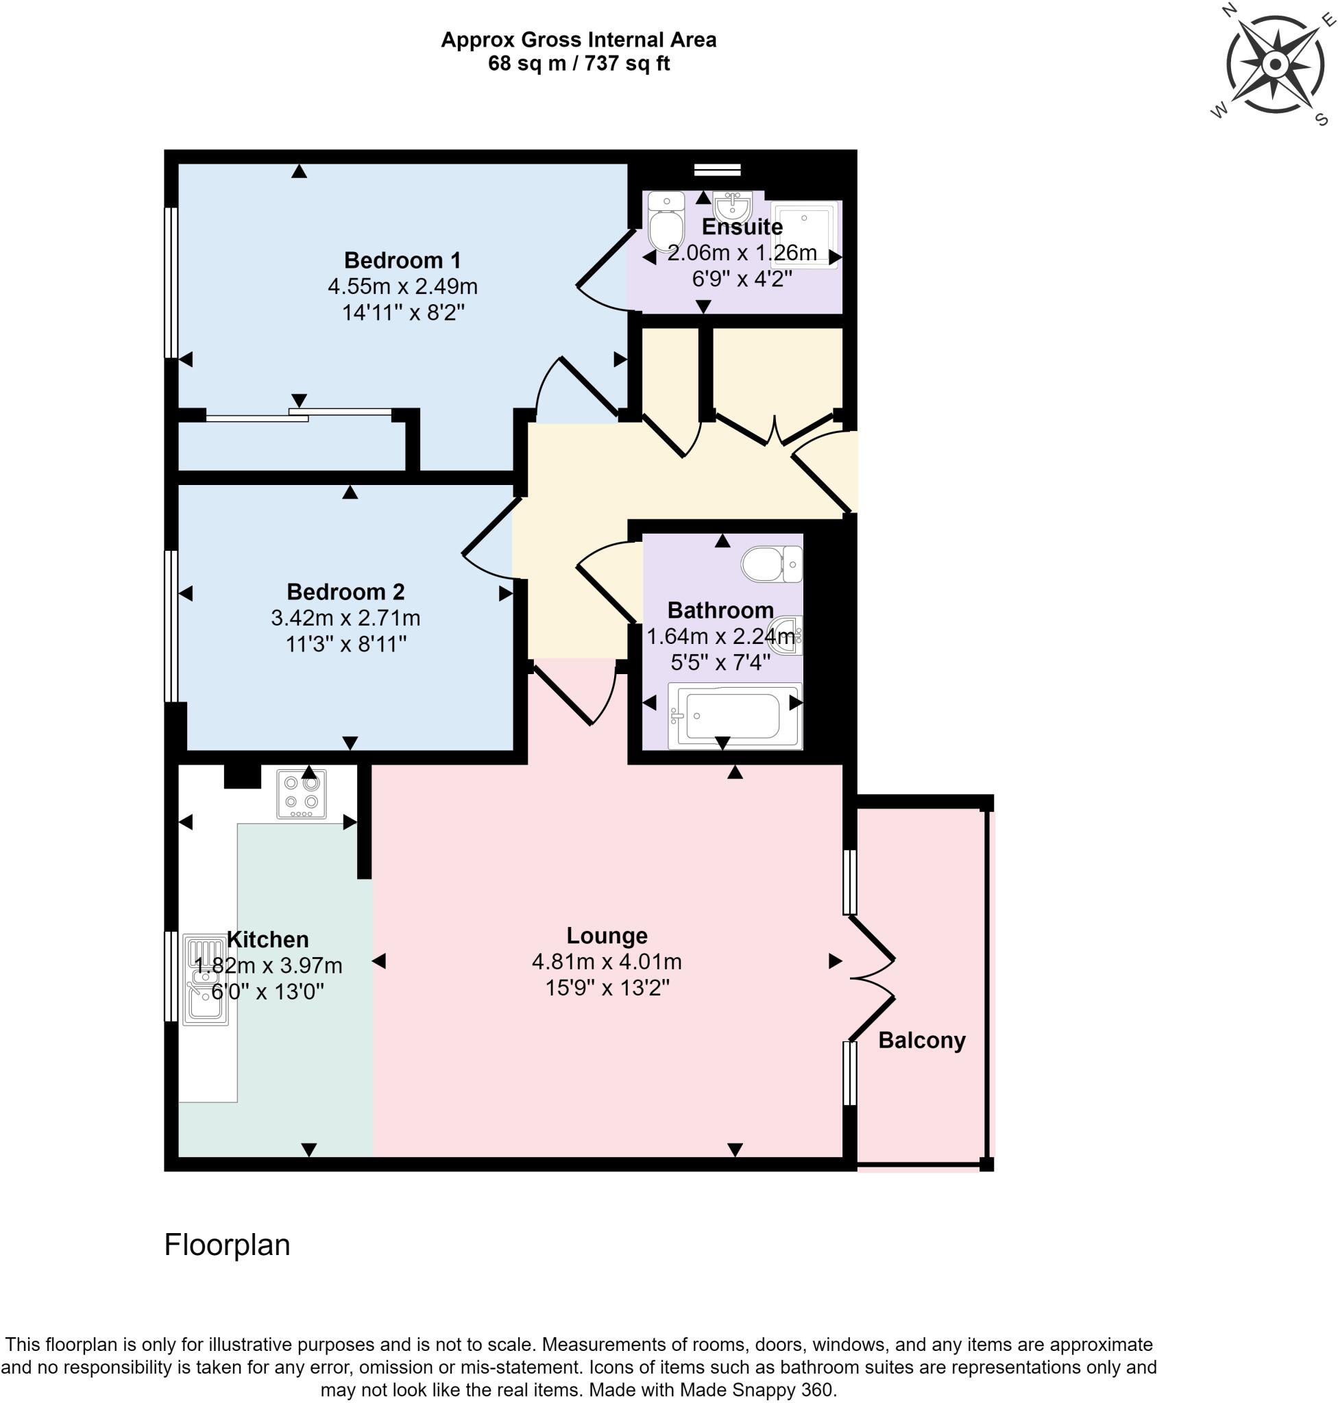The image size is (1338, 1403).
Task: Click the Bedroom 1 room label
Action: tap(402, 260)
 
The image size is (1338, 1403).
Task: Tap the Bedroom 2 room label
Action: tap(345, 591)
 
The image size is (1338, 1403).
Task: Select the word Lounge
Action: tap(607, 934)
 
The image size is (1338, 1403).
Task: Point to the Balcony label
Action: tap(921, 1039)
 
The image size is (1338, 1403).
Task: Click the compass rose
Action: tap(1274, 65)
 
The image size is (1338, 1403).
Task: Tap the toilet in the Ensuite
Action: tap(666, 223)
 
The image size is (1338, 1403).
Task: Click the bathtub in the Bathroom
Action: tap(734, 716)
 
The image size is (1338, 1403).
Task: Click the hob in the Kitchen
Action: tap(302, 793)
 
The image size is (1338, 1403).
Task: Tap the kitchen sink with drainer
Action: tap(206, 980)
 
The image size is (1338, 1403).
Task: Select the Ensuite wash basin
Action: tap(733, 207)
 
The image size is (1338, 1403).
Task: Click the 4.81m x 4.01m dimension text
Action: tap(607, 961)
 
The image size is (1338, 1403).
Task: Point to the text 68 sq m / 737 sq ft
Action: tap(579, 64)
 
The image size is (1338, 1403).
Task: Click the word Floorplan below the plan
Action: tap(227, 1245)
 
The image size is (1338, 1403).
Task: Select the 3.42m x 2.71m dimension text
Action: tap(345, 617)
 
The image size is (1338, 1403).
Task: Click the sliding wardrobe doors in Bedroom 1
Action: tap(299, 416)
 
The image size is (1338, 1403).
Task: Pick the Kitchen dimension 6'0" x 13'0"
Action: tap(267, 991)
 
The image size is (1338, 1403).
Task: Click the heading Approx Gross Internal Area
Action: tap(579, 39)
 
